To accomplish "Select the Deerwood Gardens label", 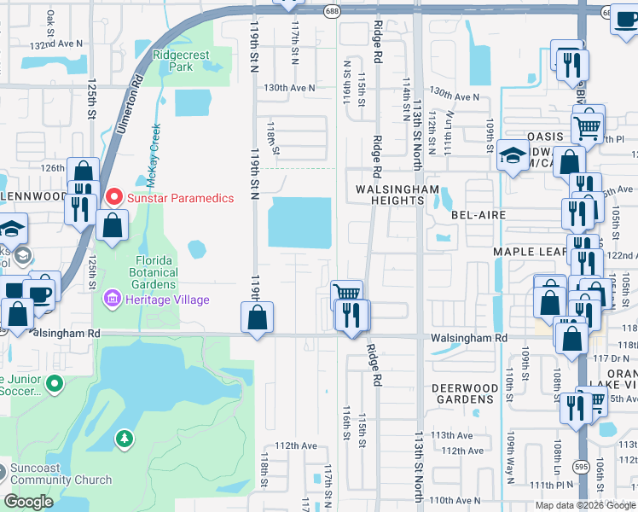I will coord(465,393).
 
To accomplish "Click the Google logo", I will coord(28,501).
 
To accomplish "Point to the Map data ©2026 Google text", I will coord(585,505).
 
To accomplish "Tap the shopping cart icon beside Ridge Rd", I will coord(346,294).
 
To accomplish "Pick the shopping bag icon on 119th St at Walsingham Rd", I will coord(258,318).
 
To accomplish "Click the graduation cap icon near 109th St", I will coord(512,156).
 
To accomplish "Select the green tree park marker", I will coord(125,438).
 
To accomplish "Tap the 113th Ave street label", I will coord(452,434).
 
